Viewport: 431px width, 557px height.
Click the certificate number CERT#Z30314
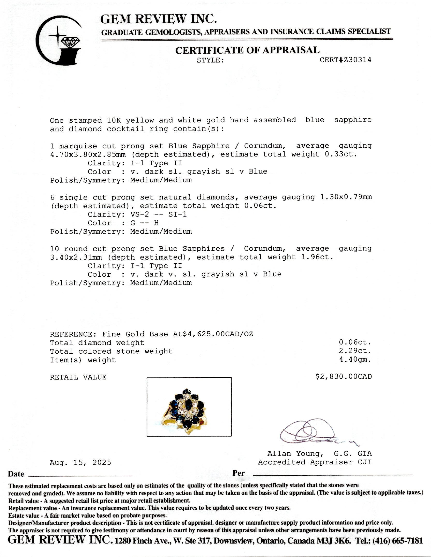(345, 60)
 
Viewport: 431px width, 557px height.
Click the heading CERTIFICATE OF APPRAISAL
(247, 50)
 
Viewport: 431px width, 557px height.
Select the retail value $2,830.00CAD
(343, 376)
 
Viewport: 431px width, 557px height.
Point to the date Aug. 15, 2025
(80, 462)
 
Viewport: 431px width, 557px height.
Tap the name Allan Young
(295, 454)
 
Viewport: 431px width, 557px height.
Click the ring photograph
(189, 407)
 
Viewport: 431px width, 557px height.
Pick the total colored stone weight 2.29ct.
(355, 351)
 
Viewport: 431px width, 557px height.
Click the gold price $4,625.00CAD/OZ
(218, 334)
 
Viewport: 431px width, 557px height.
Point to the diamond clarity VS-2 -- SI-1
(159, 215)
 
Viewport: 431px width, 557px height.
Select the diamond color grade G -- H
(144, 223)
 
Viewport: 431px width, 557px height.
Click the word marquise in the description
(78, 146)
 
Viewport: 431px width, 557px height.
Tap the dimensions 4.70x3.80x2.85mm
(88, 155)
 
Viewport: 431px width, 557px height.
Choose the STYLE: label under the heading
(210, 61)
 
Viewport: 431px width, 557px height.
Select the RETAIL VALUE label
(78, 377)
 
